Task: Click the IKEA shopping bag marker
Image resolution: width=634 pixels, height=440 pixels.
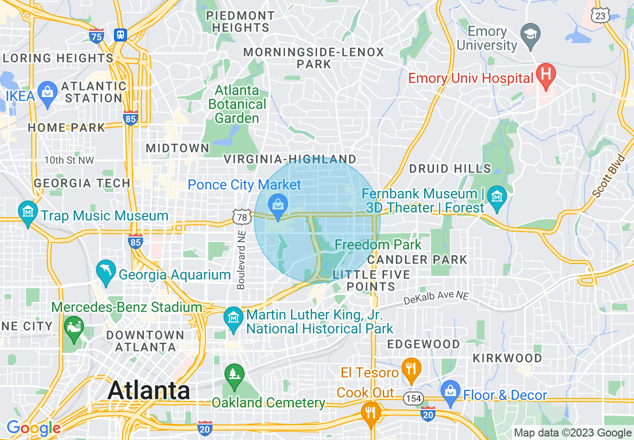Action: pyautogui.click(x=47, y=92)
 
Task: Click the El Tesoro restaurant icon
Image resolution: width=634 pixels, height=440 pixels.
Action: pyautogui.click(x=411, y=369)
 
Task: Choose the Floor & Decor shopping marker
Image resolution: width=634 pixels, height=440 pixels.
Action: pyautogui.click(x=450, y=391)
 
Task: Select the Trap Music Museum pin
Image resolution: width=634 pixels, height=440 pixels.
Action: pyautogui.click(x=28, y=212)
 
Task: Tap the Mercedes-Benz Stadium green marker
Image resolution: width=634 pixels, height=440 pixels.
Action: pyautogui.click(x=74, y=327)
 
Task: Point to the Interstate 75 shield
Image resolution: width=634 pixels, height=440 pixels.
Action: pyautogui.click(x=96, y=35)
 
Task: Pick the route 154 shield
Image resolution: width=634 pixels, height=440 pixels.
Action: pyautogui.click(x=413, y=398)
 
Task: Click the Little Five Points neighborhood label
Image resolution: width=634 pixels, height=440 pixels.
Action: pyautogui.click(x=371, y=280)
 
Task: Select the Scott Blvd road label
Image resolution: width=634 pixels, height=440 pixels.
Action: pyautogui.click(x=608, y=176)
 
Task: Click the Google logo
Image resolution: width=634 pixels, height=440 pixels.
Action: pyautogui.click(x=33, y=428)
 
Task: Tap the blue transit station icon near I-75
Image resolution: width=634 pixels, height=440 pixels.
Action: pyautogui.click(x=120, y=35)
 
